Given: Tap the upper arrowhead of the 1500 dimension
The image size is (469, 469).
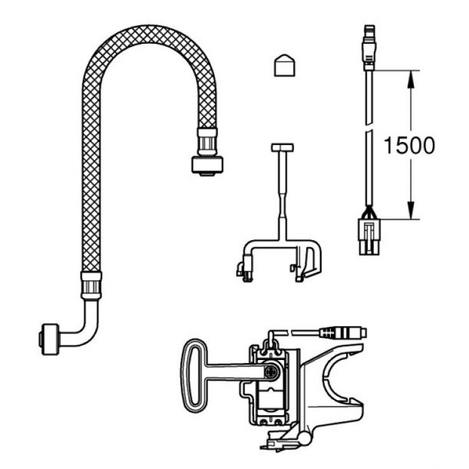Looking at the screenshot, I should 411,76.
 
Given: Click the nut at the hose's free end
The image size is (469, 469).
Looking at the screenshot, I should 207,164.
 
